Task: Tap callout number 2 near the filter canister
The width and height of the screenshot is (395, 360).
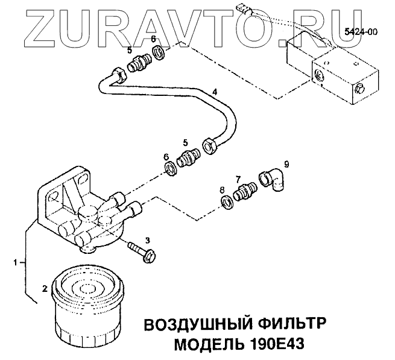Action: [44, 288]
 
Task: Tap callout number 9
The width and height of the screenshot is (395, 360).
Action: [286, 163]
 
